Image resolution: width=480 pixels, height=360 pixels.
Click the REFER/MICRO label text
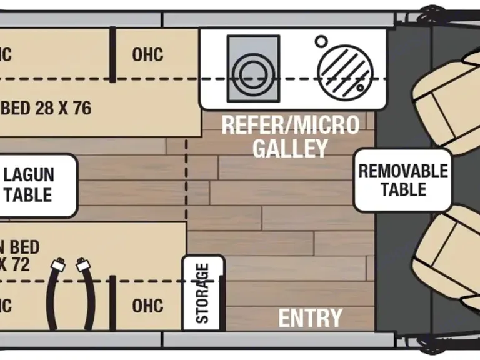(x=291, y=125)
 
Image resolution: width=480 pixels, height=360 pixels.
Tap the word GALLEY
(x=290, y=149)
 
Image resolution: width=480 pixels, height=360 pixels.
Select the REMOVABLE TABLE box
(x=403, y=180)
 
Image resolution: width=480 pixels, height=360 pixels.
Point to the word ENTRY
(x=311, y=318)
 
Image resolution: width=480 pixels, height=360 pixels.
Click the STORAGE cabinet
(x=203, y=292)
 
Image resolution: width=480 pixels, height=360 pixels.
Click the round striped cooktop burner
(x=343, y=69)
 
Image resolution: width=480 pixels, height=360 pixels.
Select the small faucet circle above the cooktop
(x=321, y=41)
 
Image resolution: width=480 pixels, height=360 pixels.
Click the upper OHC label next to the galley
(x=147, y=54)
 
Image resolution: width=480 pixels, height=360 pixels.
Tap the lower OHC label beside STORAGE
(x=147, y=306)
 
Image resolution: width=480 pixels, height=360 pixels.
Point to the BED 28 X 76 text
(x=46, y=108)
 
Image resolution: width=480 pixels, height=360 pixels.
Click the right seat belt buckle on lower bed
(x=82, y=265)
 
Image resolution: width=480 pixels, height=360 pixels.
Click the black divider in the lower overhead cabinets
(x=113, y=302)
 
